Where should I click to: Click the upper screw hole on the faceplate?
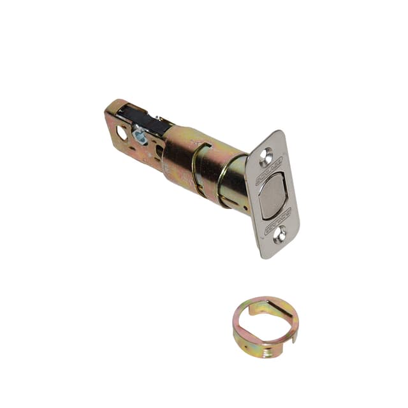(265, 154)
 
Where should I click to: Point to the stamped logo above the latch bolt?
(268, 171)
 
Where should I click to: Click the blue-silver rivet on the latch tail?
(139, 135)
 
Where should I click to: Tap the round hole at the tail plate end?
(122, 133)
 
